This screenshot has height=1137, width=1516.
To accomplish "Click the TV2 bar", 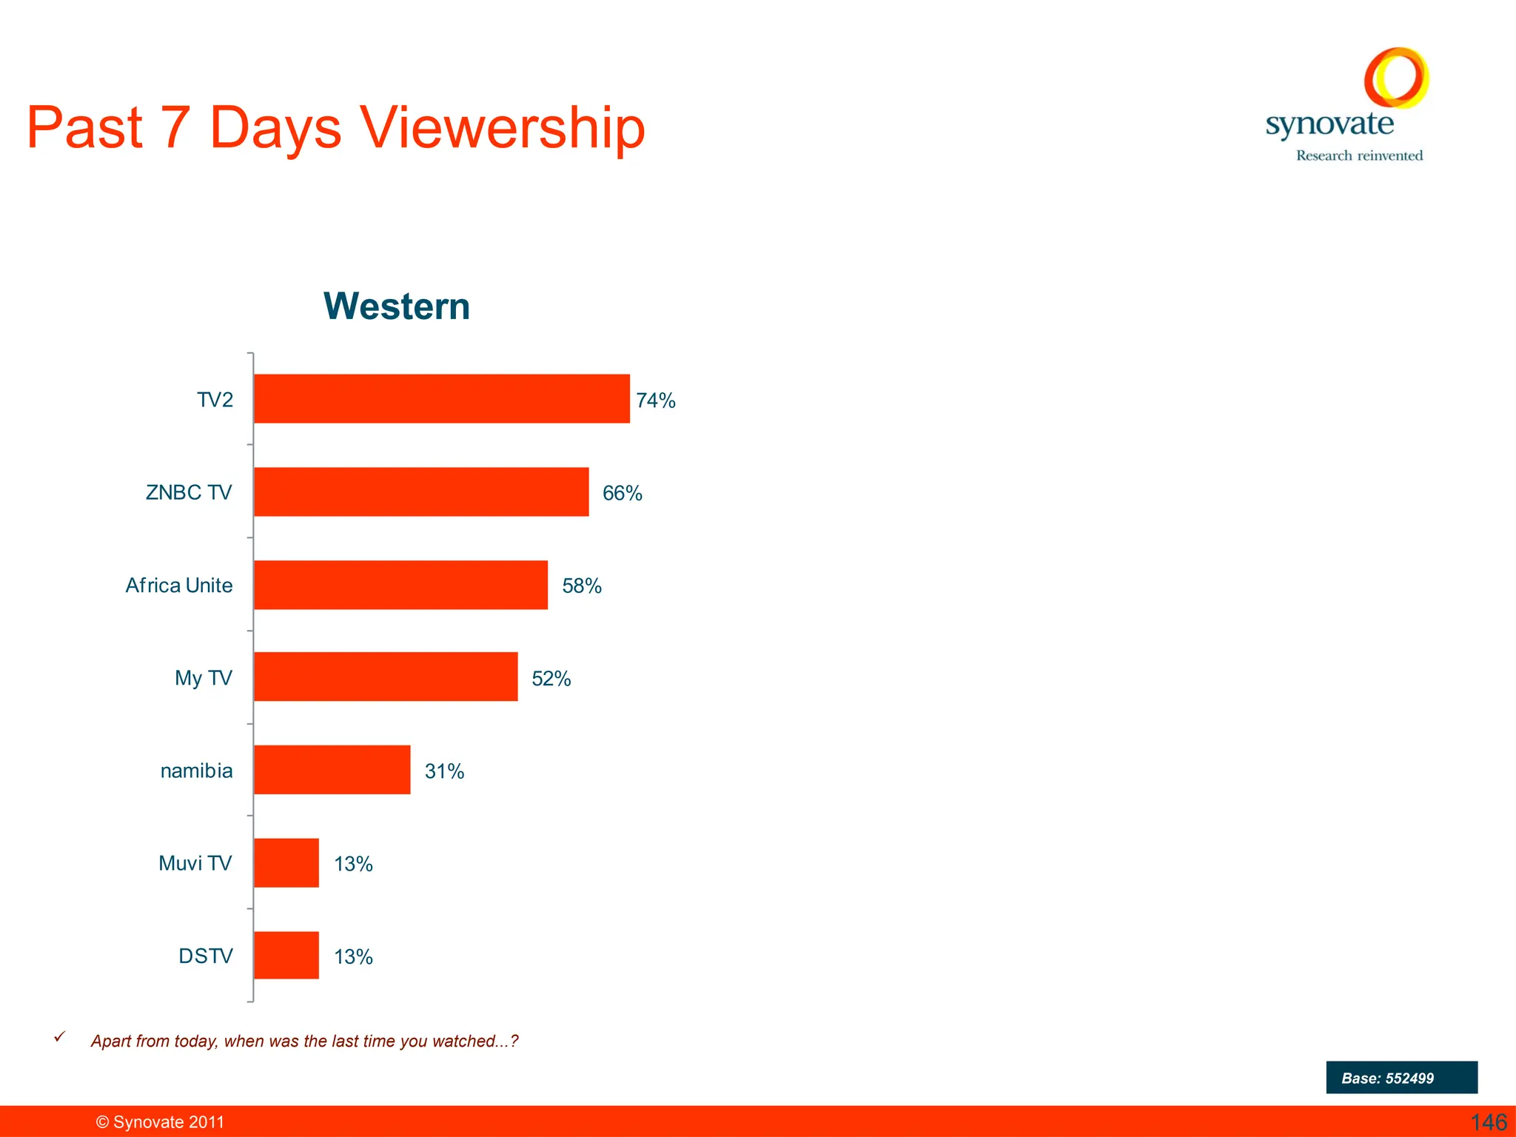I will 441,399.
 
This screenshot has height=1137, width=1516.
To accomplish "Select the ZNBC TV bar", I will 421,492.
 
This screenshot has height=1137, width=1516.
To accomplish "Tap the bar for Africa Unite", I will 400,585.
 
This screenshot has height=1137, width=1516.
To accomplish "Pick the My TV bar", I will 386,677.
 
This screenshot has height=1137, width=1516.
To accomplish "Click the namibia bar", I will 332,770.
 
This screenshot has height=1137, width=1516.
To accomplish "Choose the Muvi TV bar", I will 286,862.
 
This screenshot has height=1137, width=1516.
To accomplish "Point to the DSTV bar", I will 286,955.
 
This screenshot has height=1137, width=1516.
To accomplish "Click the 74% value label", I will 656,400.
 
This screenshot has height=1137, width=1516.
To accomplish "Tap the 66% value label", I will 622,493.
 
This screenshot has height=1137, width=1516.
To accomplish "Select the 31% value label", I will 444,771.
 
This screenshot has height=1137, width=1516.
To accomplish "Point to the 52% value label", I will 551,679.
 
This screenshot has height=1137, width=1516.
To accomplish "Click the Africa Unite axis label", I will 179,586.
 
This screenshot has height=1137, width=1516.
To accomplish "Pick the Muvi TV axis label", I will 195,863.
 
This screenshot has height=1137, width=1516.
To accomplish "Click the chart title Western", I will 397,306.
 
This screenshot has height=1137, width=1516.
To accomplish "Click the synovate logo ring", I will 1396,78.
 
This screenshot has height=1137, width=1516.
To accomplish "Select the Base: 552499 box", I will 1401,1078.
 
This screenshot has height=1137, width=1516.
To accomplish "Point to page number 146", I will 1489,1122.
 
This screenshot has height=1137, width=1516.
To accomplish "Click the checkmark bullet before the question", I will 60,1037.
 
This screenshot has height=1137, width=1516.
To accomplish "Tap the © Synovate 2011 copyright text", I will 160,1122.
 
